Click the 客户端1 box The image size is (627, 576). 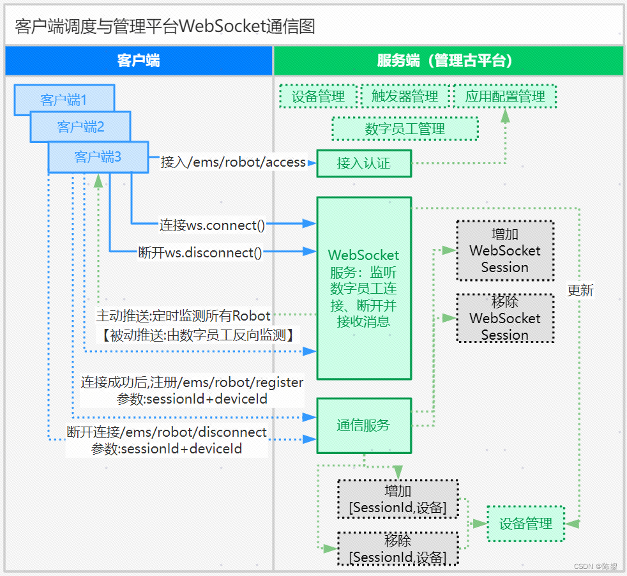click(64, 100)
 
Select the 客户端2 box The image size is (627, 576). click(80, 126)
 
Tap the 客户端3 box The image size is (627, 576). click(98, 156)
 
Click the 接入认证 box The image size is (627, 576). click(364, 163)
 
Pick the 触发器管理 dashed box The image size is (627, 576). click(405, 96)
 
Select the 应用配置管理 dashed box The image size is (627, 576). click(504, 96)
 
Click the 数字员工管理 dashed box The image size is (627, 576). click(405, 129)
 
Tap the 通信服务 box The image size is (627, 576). click(364, 425)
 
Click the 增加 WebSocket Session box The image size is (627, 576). click(504, 250)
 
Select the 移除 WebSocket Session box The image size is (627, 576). click(504, 318)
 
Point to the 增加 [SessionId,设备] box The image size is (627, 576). click(398, 499)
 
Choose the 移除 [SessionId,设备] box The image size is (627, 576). click(398, 549)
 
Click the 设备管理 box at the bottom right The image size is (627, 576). click(525, 524)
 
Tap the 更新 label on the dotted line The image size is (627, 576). click(580, 291)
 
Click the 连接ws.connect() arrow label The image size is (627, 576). click(212, 225)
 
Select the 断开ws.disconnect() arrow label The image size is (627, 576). click(200, 252)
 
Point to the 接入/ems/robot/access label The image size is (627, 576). click(233, 162)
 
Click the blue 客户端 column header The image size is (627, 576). click(139, 61)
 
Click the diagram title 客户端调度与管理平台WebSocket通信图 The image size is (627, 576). click(165, 26)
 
